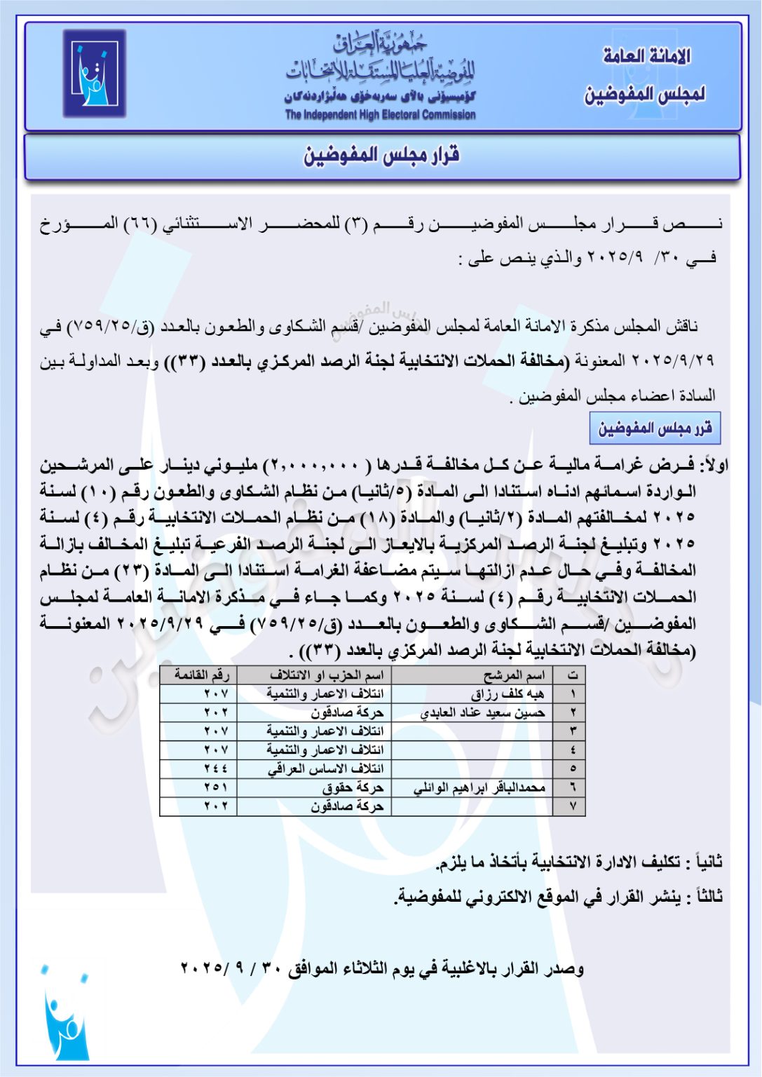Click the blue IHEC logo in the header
point(95,74)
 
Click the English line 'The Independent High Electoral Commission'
point(380,115)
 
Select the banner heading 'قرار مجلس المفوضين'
point(381,156)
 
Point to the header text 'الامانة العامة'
point(646,56)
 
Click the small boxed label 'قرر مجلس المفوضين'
point(655,428)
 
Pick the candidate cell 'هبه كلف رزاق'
point(508,694)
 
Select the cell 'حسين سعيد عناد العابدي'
point(482,713)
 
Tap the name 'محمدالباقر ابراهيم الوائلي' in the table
point(479,788)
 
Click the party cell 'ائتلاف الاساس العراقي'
point(325,769)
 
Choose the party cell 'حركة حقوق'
point(353,788)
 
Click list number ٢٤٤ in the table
point(216,769)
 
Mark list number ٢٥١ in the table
point(216,788)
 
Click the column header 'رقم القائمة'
point(202,675)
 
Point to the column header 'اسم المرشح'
point(514,675)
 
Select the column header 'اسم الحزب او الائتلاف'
point(327,675)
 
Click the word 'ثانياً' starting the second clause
point(705,862)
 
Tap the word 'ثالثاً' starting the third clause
point(705,897)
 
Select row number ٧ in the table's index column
point(573,806)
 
